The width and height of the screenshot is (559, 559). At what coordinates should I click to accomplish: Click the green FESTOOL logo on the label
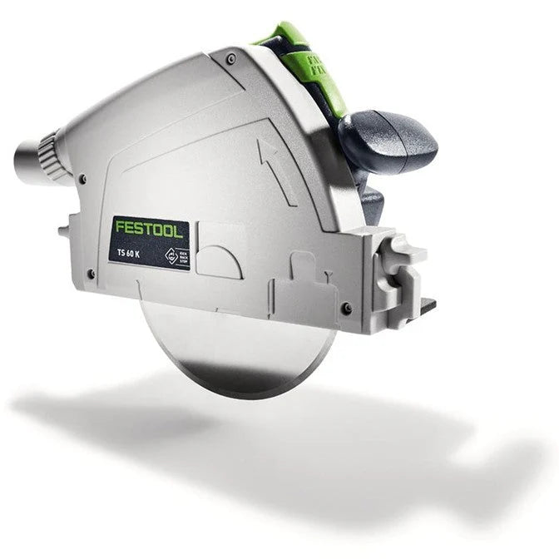[x=150, y=229]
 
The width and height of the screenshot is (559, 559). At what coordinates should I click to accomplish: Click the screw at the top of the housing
[x=231, y=58]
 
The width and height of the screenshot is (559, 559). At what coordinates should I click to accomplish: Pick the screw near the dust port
[x=82, y=177]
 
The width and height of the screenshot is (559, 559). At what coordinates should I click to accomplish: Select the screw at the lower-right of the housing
[x=346, y=308]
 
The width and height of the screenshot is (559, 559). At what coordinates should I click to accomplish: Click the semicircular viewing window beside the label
[x=219, y=261]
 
